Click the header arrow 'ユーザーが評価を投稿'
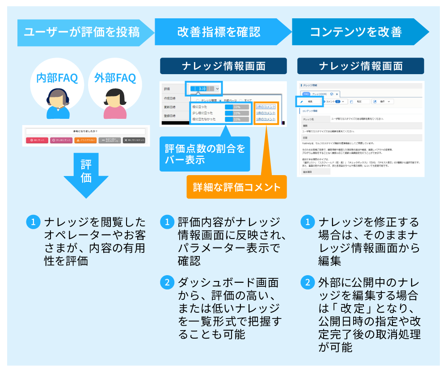coord(83,32)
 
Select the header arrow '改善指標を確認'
coord(219,32)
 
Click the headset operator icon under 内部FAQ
coord(58,104)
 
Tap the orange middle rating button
coord(85,140)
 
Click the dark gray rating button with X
coord(135,140)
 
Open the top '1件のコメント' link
coord(266,107)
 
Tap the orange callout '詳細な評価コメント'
coord(236,187)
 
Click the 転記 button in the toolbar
coord(359,102)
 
